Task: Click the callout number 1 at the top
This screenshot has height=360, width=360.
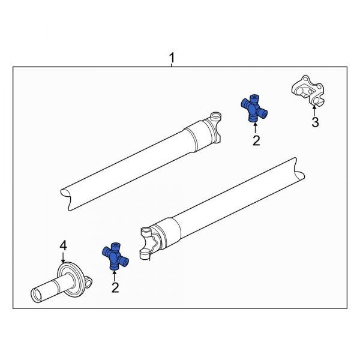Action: [172, 58]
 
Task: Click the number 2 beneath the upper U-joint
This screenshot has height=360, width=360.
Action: [256, 140]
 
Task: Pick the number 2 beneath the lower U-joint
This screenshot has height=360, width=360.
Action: [115, 287]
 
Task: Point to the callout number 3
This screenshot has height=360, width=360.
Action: [314, 123]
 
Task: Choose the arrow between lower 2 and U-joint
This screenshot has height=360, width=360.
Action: [114, 274]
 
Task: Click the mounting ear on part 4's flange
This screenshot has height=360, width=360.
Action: [88, 280]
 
